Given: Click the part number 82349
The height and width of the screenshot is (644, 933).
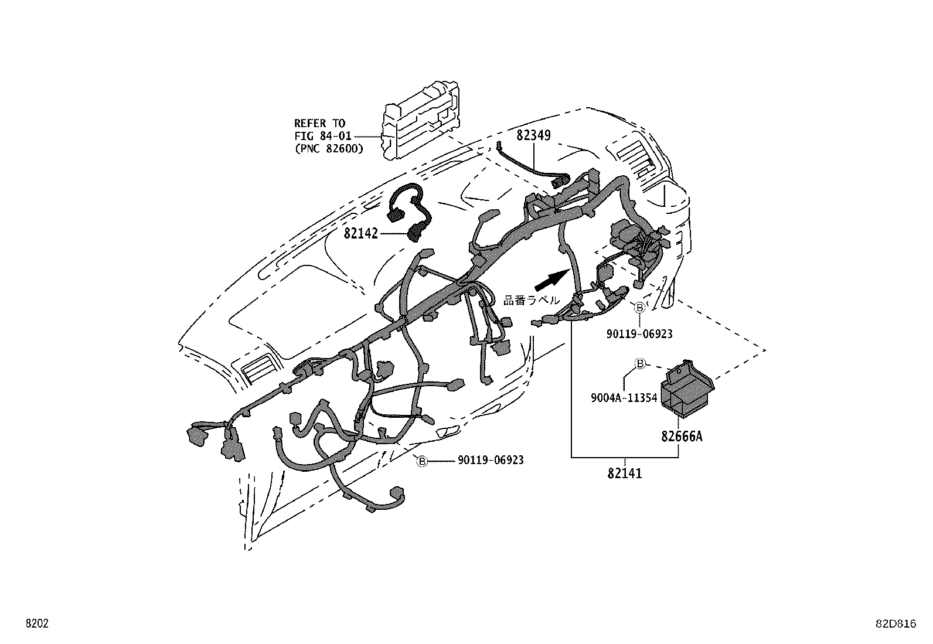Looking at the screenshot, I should tap(533, 135).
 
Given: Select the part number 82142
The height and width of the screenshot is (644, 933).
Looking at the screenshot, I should tap(360, 233).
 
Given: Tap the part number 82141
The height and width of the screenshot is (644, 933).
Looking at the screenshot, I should tap(624, 473).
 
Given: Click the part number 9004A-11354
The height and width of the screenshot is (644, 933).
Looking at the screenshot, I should tap(624, 398).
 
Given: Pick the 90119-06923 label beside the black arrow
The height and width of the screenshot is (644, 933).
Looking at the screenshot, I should tap(639, 334).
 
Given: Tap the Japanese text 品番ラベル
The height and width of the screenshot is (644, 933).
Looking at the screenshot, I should tap(532, 300).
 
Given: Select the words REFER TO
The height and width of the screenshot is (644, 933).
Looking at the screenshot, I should tap(319, 124).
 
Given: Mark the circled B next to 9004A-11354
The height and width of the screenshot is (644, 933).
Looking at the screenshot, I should tap(640, 364).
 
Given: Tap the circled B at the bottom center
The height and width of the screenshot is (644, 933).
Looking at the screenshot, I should tap(421, 461).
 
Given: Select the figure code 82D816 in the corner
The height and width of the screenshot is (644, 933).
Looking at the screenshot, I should tap(895, 625).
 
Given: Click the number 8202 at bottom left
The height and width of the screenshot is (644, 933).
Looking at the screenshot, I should tap(36, 624).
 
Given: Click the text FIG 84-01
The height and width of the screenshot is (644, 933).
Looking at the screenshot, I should tap(322, 136).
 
